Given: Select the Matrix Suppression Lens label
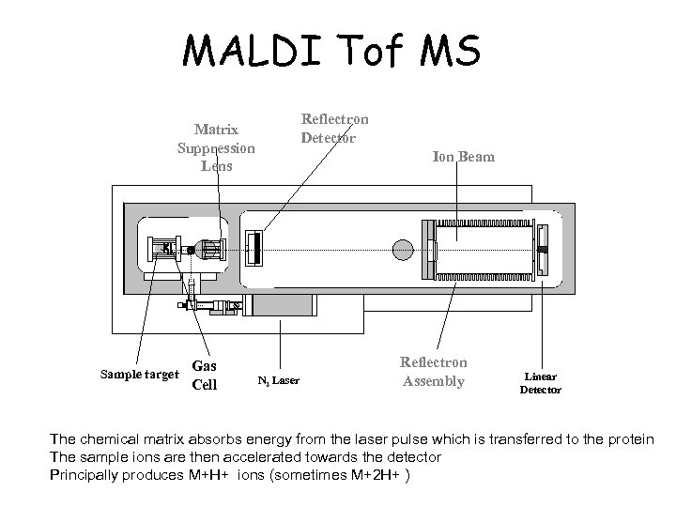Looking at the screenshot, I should click(216, 147).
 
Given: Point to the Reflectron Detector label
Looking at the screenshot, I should click(334, 129).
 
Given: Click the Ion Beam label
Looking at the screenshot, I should click(463, 157).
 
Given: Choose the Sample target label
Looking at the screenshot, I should click(139, 374).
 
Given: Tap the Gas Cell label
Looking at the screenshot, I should click(205, 374).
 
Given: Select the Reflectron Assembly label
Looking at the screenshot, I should click(433, 372).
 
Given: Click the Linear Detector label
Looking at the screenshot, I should click(541, 382).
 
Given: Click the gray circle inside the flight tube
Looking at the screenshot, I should click(402, 250).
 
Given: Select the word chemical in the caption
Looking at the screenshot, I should click(114, 439).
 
